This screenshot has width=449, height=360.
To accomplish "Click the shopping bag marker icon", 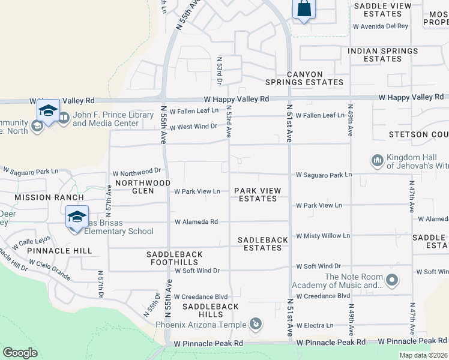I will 304,10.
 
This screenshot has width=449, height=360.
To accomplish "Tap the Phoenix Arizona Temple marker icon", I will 256,325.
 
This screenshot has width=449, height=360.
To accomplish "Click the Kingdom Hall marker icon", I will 378,160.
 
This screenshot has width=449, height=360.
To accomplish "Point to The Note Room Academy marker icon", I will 393,280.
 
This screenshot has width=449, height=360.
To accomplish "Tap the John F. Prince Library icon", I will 64,119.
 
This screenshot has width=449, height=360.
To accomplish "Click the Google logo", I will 20,353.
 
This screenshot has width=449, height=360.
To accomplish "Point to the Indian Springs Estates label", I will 383,55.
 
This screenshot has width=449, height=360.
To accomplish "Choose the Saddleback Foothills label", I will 175,259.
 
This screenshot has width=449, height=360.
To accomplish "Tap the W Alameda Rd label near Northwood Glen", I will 196,222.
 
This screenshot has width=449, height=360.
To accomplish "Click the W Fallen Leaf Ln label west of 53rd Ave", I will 194,111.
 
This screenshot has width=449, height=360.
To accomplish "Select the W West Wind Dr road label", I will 193,127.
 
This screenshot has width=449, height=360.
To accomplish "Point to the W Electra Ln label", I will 314,326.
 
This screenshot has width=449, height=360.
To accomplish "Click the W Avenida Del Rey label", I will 381,26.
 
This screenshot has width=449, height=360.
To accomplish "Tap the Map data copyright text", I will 423,355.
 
